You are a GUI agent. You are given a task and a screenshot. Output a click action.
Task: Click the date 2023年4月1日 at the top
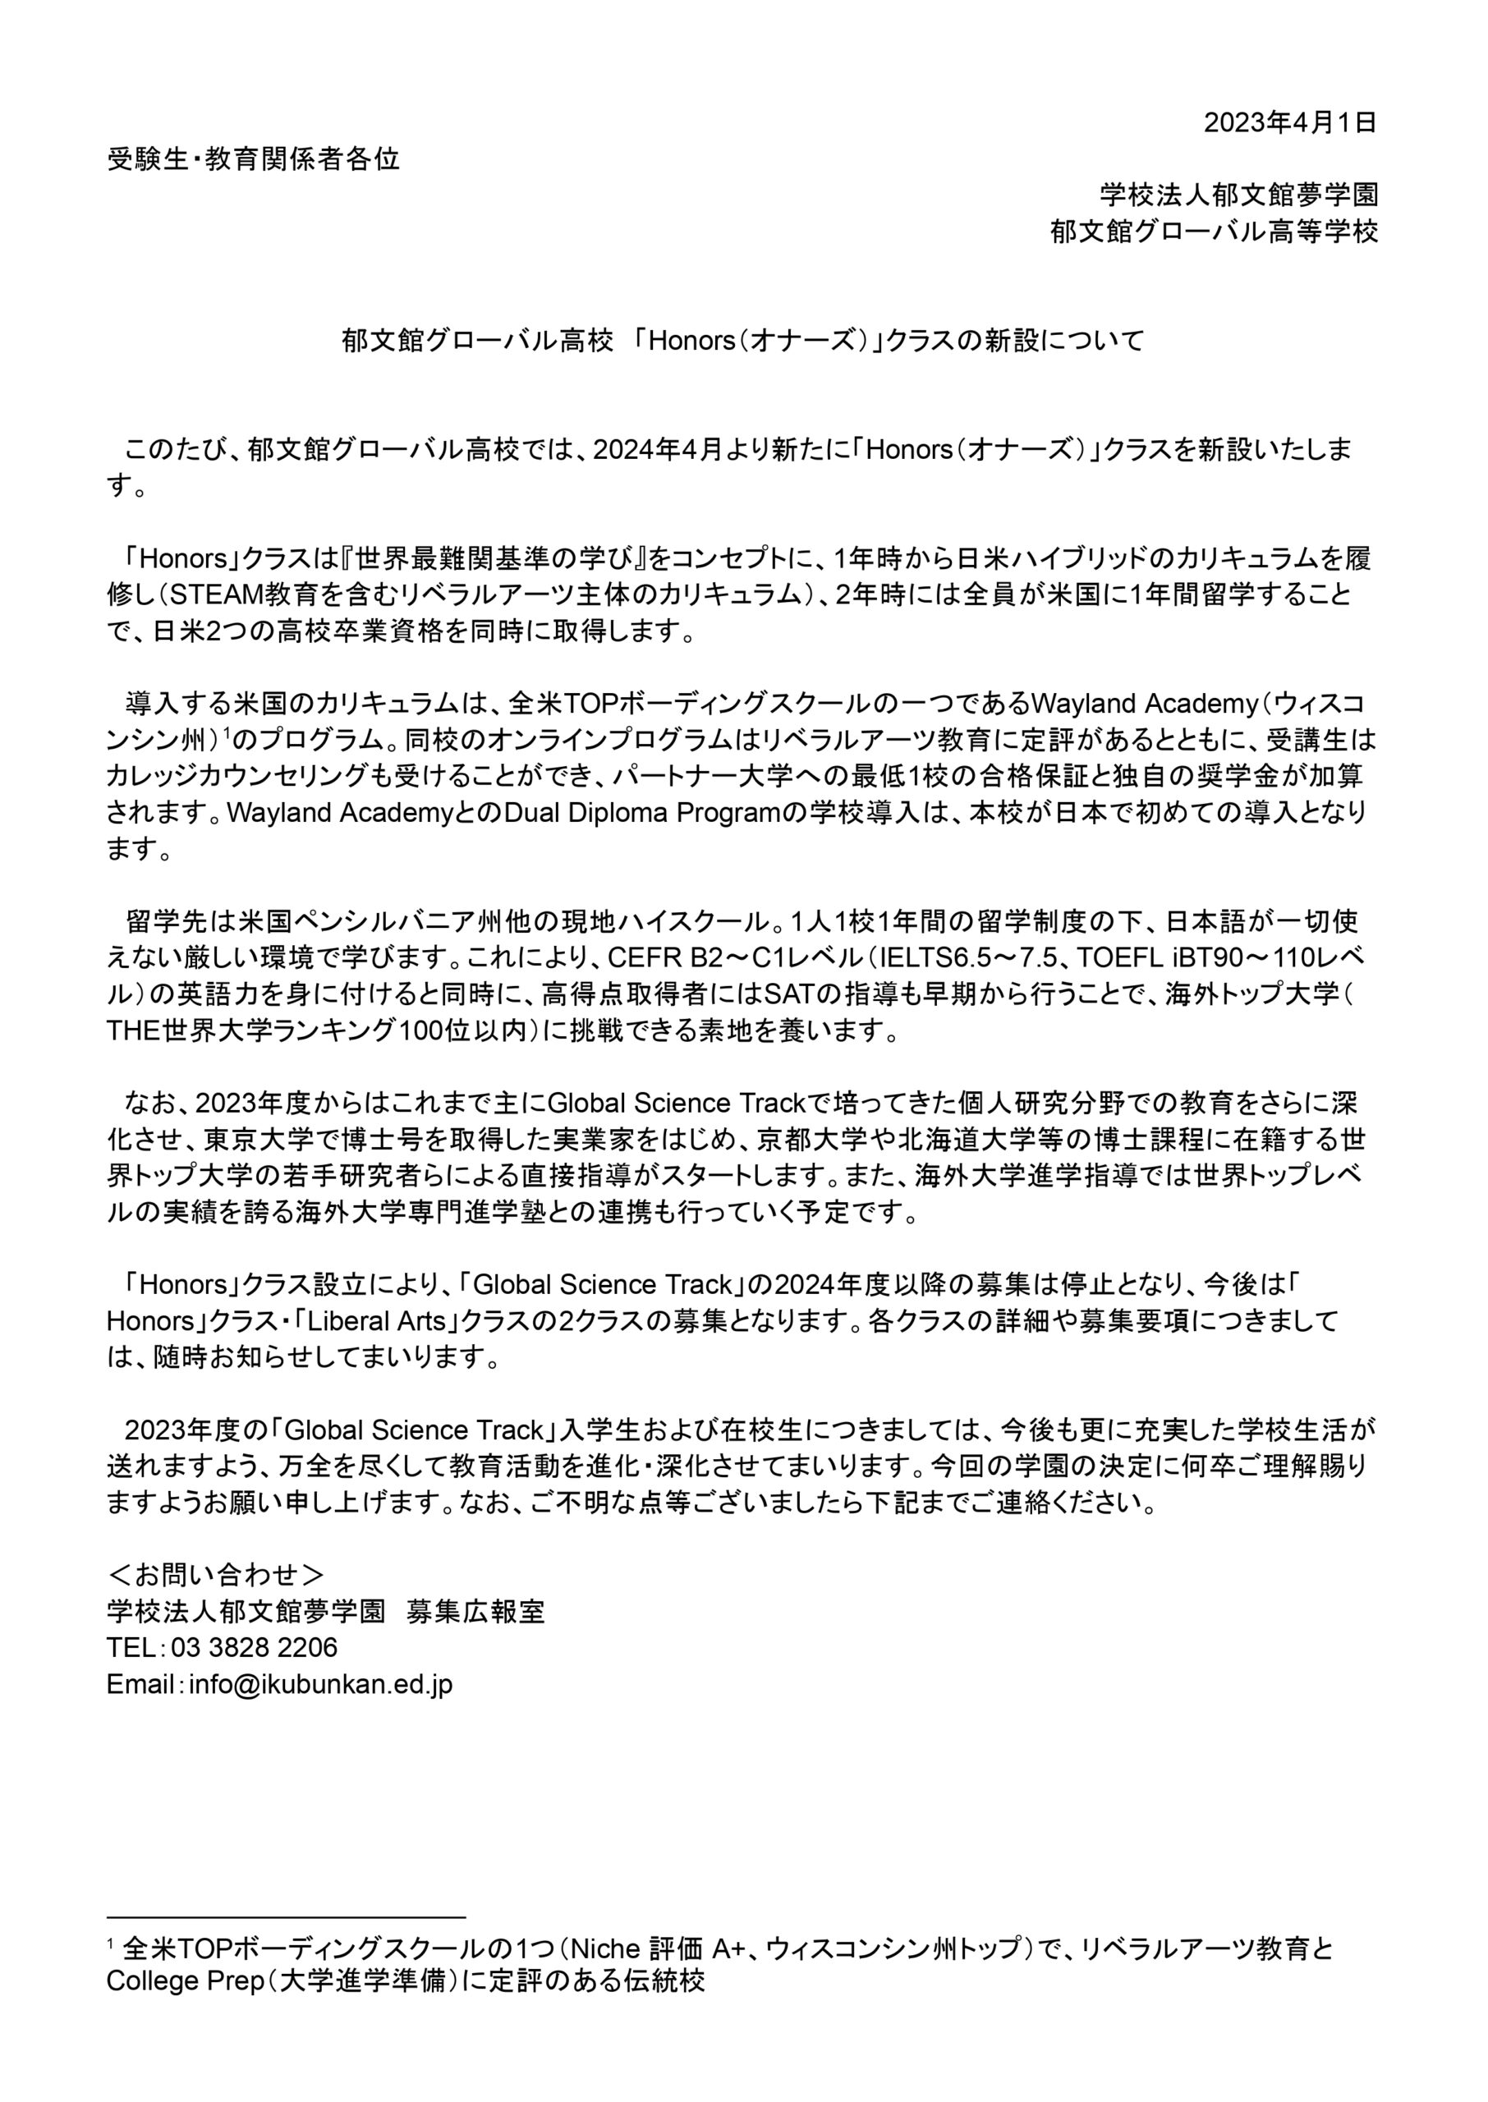1289,122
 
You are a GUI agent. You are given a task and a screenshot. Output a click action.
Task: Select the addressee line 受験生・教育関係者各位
254,159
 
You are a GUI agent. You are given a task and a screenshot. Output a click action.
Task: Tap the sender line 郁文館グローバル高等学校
1214,232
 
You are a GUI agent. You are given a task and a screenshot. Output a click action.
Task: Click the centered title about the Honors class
743,341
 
